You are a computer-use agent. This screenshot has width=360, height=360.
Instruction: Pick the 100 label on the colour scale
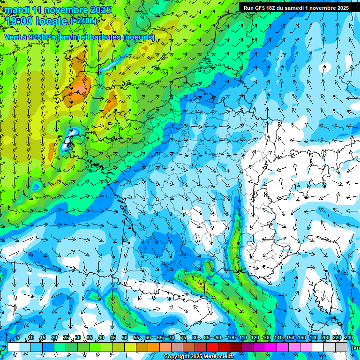pyautogui.click(x=231, y=338)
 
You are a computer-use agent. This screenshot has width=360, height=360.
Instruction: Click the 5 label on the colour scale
pyautogui.click(x=18, y=338)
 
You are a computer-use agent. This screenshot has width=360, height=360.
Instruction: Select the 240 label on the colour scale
pyautogui.click(x=348, y=338)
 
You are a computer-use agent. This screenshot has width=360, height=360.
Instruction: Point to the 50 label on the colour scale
pyautogui.click(x=125, y=338)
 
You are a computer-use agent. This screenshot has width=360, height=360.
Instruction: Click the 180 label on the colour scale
pyautogui.click(x=313, y=338)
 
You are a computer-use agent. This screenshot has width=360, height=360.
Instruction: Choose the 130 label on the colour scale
pyautogui.click(x=266, y=338)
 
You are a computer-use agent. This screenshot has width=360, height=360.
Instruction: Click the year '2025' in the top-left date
pyautogui.click(x=100, y=10)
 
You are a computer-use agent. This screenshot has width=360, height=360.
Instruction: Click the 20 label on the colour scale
pyautogui.click(x=54, y=338)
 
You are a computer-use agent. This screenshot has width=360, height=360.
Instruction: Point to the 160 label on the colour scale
pyautogui.click(x=301, y=338)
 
